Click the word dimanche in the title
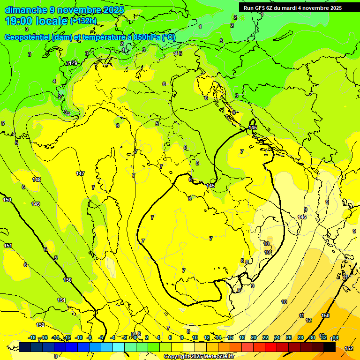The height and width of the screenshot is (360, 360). [25, 10]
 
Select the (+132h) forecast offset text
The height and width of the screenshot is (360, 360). [83, 21]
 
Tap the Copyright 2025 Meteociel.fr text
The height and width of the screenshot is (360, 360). [199, 357]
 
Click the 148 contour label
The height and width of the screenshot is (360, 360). [37, 180]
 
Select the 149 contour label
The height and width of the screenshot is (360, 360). [36, 204]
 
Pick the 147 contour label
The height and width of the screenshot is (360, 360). [80, 173]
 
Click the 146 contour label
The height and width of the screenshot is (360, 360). [302, 217]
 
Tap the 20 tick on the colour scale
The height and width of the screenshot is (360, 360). [254, 337]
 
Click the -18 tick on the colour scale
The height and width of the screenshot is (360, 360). [32, 337]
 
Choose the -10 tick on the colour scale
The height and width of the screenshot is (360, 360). [79, 337]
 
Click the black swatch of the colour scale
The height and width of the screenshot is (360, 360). [329, 347]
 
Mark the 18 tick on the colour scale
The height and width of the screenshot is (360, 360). [242, 337]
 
